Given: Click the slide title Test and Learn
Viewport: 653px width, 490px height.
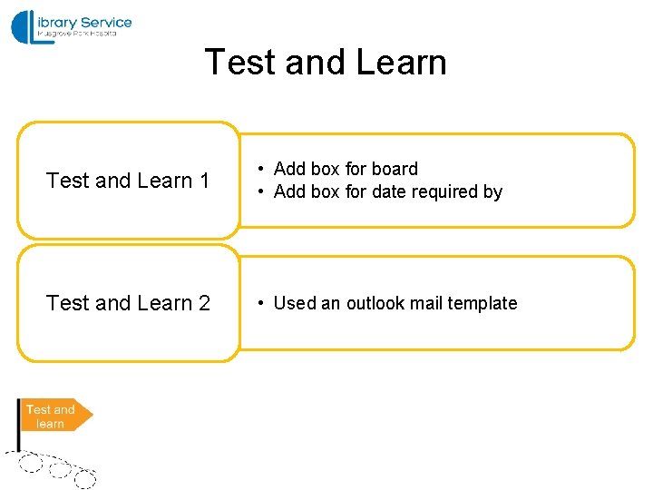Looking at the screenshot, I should pyautogui.click(x=326, y=63).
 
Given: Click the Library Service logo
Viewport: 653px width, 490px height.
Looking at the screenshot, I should pyautogui.click(x=72, y=27).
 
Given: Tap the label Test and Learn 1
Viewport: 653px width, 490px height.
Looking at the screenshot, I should pyautogui.click(x=128, y=181).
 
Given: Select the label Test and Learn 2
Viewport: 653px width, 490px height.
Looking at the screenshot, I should pyautogui.click(x=128, y=303).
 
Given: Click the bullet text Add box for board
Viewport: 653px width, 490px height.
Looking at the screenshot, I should pyautogui.click(x=346, y=169).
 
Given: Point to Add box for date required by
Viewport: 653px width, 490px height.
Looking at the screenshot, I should pyautogui.click(x=387, y=191).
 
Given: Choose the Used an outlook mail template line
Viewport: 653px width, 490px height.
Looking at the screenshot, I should pyautogui.click(x=395, y=303).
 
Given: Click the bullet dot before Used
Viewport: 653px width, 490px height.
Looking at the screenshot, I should pyautogui.click(x=259, y=303).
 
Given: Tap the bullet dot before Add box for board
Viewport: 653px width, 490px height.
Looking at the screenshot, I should pyautogui.click(x=259, y=169).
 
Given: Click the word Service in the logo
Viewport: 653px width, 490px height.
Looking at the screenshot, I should pyautogui.click(x=105, y=23).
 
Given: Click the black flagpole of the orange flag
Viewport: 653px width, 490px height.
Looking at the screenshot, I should pyautogui.click(x=20, y=426).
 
